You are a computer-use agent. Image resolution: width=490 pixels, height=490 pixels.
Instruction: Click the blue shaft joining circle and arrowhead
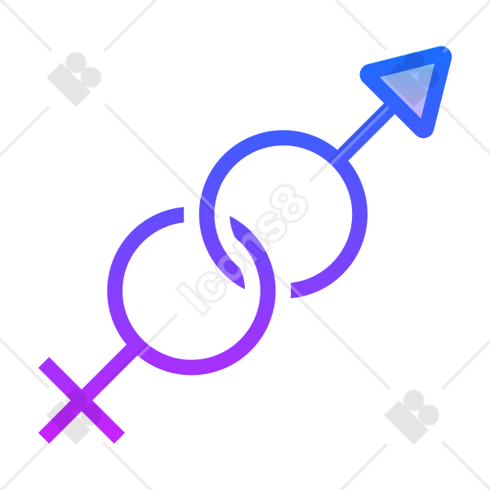[366, 131]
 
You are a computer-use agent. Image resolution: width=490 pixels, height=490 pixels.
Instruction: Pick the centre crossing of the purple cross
[82, 400]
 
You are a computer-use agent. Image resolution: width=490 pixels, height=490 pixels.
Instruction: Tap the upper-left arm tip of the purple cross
[44, 363]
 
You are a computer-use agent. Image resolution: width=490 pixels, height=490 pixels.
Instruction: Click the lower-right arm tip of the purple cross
[119, 438]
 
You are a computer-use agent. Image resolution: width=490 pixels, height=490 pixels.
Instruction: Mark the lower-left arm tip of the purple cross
[44, 438]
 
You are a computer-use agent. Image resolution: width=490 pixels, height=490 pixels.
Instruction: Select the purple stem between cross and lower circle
[109, 372]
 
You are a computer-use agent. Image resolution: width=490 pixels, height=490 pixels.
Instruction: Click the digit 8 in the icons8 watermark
[289, 203]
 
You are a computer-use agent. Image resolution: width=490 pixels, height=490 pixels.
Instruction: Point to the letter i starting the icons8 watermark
[193, 298]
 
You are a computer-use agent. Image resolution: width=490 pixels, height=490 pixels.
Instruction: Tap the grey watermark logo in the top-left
[74, 79]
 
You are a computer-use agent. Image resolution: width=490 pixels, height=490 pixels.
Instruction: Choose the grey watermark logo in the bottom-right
[412, 416]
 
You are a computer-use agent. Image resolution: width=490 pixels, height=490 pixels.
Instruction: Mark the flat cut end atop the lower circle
[184, 214]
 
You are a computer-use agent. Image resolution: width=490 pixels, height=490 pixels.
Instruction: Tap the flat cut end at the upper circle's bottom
[291, 290]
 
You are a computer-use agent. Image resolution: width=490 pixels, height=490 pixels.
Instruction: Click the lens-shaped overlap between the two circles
[238, 252]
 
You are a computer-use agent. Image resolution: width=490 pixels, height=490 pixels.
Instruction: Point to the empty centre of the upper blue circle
[283, 214]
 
